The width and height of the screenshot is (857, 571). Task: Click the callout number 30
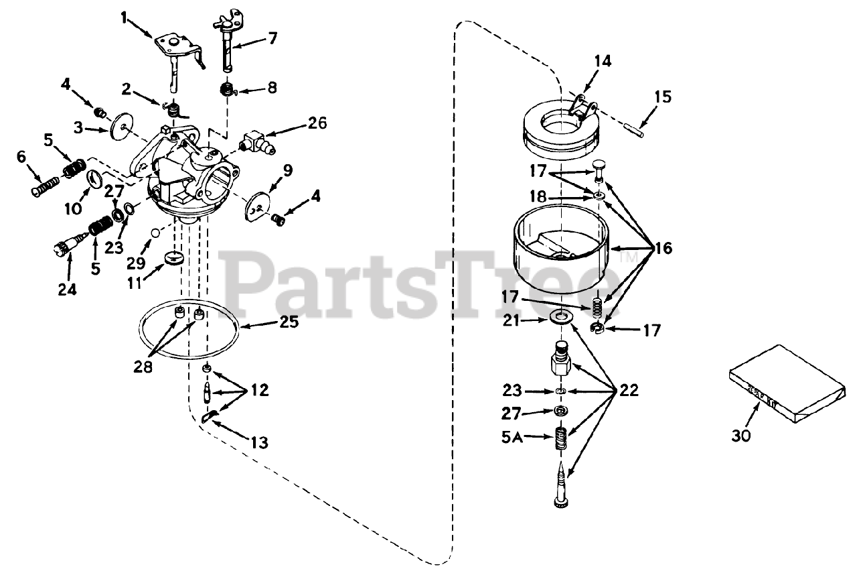[x=741, y=436]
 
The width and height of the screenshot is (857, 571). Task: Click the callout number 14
[x=602, y=62]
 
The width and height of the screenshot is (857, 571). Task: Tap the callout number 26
[x=317, y=123]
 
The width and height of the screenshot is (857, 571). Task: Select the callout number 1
[x=124, y=18]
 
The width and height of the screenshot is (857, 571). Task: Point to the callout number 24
[x=67, y=290]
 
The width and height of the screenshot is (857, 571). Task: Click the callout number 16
[x=663, y=249]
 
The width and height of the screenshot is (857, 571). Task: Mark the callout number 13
[x=259, y=442]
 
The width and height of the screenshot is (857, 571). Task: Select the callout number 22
[x=629, y=390]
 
